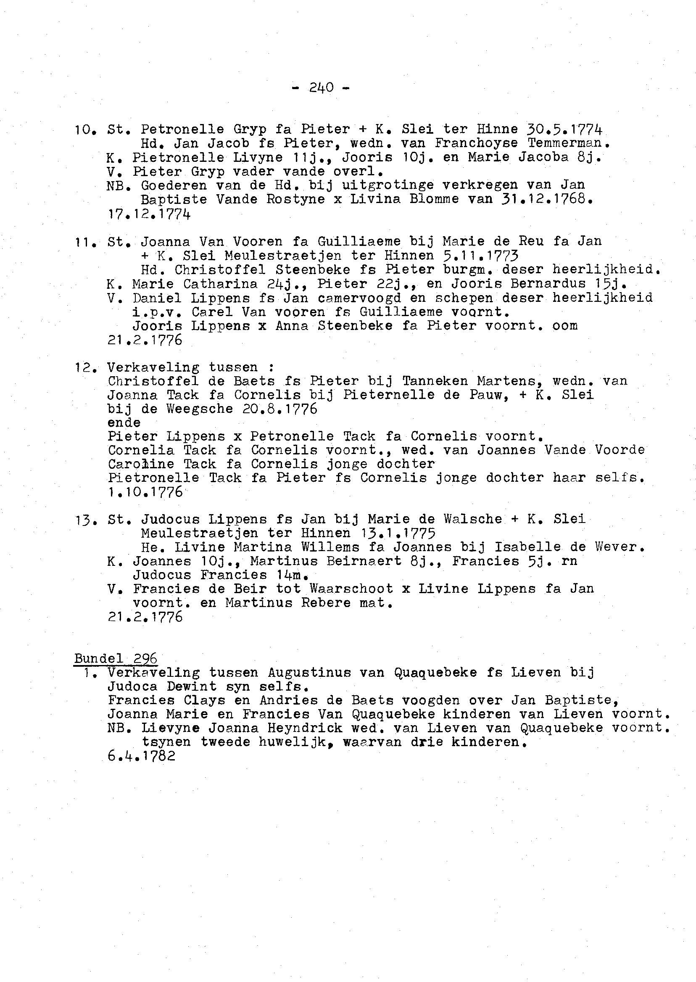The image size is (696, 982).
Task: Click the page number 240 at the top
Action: point(321,87)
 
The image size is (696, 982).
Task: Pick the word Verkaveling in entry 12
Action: point(153,367)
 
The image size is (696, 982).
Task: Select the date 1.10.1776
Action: point(145,492)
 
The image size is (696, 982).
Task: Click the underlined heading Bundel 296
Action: point(116,658)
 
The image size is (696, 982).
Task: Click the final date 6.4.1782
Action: point(142,756)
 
